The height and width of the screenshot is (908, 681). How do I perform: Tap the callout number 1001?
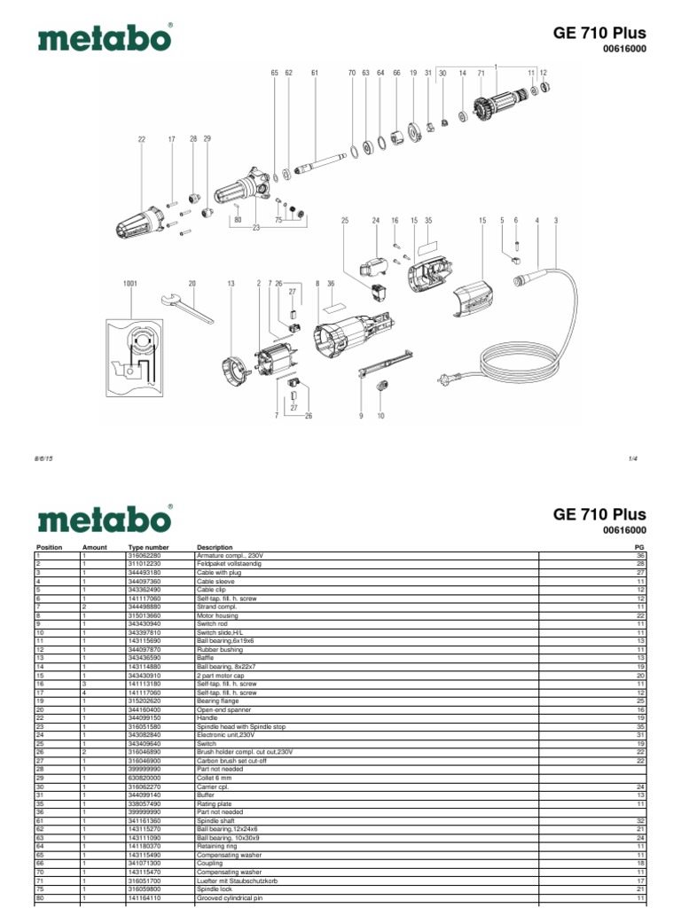click(131, 284)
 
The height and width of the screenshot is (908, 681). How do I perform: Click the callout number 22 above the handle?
click(141, 139)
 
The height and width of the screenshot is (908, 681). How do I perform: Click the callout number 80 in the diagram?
click(238, 219)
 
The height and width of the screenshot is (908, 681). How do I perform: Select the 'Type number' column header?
click(148, 548)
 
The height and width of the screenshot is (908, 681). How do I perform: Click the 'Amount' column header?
click(94, 548)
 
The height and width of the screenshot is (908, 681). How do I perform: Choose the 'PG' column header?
click(639, 548)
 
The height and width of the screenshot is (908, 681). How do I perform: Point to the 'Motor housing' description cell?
click(215, 614)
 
